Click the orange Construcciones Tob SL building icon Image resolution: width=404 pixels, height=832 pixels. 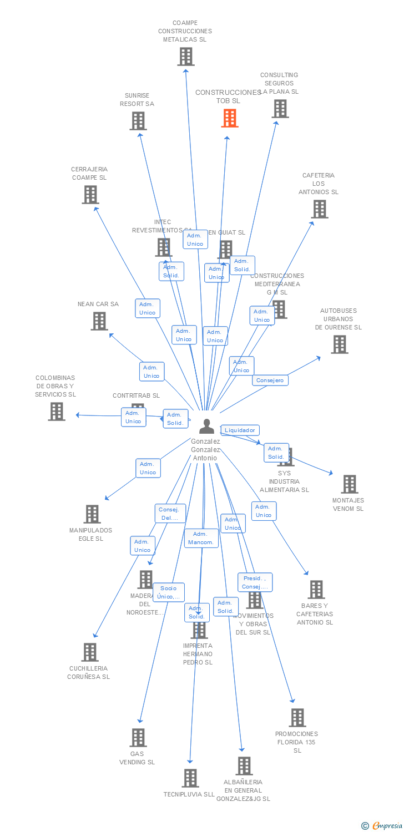(230, 118)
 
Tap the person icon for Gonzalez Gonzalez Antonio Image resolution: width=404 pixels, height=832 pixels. (206, 426)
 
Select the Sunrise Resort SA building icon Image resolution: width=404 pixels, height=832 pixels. (138, 121)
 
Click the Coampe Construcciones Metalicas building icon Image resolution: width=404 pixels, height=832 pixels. (186, 57)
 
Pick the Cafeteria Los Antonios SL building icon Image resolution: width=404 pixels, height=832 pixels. (319, 209)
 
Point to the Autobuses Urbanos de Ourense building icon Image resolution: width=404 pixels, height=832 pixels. (339, 344)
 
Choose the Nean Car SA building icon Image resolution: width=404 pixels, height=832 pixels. (99, 321)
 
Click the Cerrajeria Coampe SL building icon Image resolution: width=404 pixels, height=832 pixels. (90, 195)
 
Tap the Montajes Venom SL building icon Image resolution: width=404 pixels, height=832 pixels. (349, 484)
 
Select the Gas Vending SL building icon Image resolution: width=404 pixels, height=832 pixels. (138, 738)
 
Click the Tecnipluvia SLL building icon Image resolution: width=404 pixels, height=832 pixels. (190, 778)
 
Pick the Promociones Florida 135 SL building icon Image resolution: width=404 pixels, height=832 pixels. (297, 718)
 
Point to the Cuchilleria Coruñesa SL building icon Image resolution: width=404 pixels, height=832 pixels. (90, 652)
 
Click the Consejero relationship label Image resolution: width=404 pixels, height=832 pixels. (271, 381)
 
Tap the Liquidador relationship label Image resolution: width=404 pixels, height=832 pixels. (240, 430)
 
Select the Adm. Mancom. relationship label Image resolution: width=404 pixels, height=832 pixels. (201, 538)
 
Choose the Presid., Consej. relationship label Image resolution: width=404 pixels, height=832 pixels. (255, 582)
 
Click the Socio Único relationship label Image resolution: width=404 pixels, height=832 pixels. (169, 592)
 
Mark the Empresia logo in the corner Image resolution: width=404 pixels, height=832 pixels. (382, 826)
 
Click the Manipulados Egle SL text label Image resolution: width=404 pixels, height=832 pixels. (90, 535)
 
